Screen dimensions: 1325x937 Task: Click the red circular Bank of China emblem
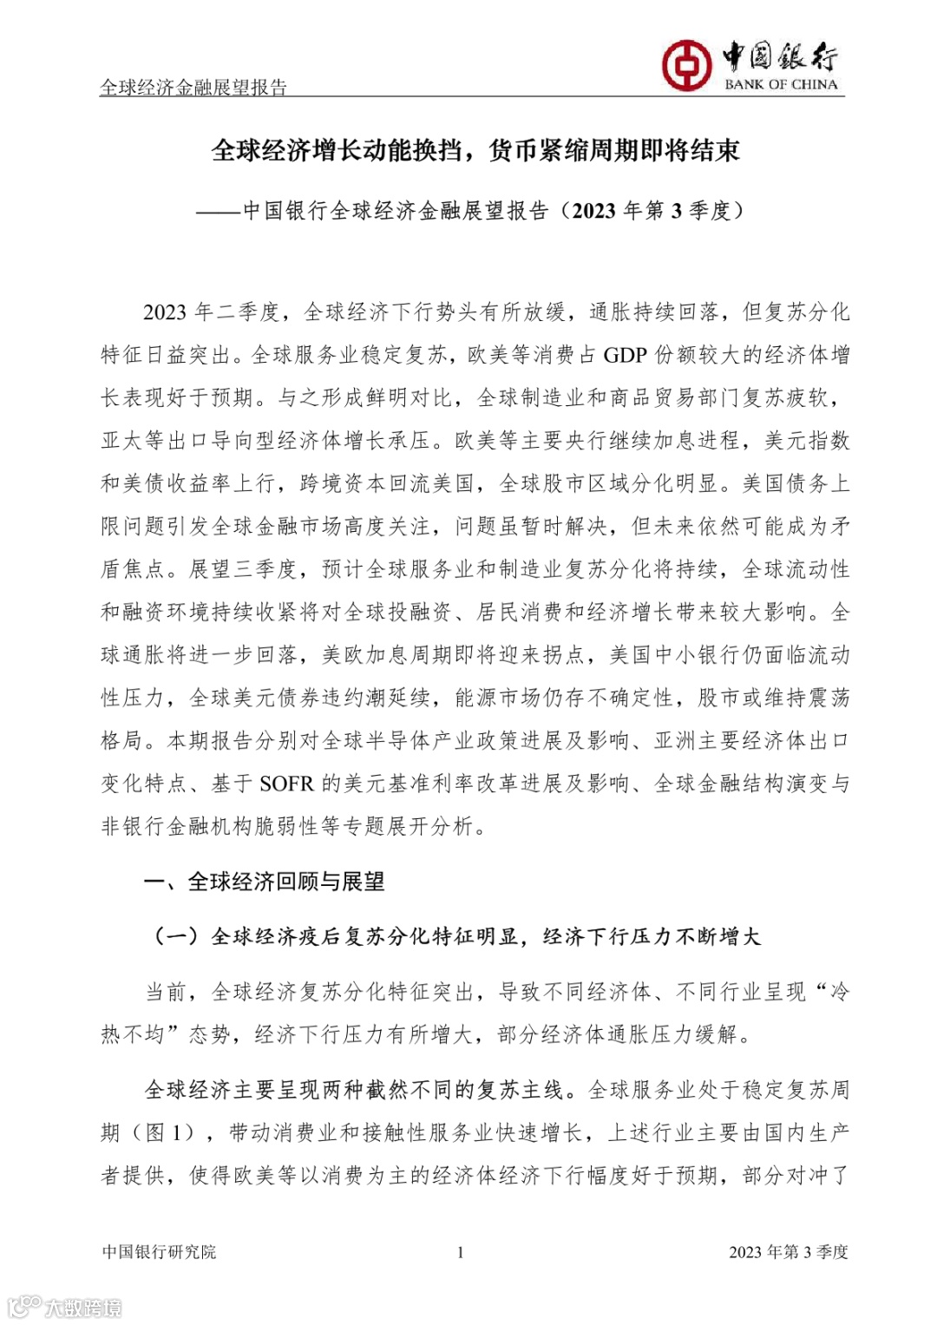pyautogui.click(x=686, y=65)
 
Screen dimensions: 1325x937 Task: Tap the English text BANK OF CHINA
pyautogui.click(x=781, y=85)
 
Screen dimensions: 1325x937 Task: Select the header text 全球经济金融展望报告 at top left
pyautogui.click(x=193, y=87)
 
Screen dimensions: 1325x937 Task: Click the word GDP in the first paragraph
pyautogui.click(x=626, y=355)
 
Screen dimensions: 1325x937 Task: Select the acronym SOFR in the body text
pyautogui.click(x=286, y=784)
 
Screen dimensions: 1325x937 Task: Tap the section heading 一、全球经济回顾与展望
pyautogui.click(x=265, y=882)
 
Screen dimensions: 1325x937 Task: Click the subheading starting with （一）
pyautogui.click(x=456, y=936)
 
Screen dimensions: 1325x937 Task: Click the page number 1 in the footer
pyautogui.click(x=460, y=1252)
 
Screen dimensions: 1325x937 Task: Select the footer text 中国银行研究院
pyautogui.click(x=159, y=1252)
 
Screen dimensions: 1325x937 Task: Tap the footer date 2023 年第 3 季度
pyautogui.click(x=788, y=1252)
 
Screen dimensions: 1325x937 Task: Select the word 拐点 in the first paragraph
pyautogui.click(x=563, y=655)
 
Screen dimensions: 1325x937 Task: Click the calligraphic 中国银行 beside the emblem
pyautogui.click(x=780, y=57)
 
